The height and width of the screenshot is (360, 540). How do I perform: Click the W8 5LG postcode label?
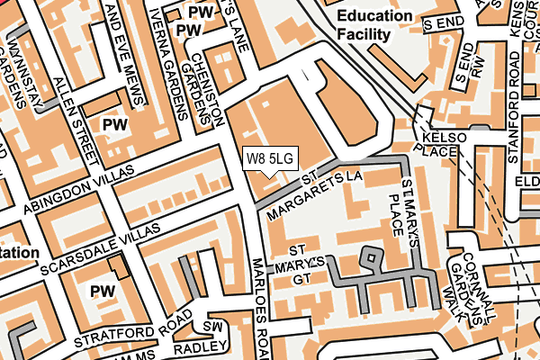269,159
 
